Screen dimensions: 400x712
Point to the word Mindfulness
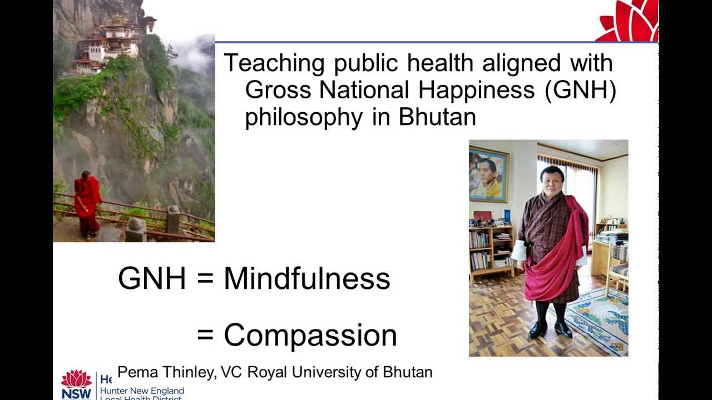point(306,278)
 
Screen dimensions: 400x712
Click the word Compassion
point(310,336)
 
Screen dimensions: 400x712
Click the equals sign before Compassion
point(205,336)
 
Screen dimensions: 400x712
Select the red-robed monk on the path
point(87,203)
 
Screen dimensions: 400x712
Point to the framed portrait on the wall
point(488,174)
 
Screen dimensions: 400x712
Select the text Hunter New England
point(141,391)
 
